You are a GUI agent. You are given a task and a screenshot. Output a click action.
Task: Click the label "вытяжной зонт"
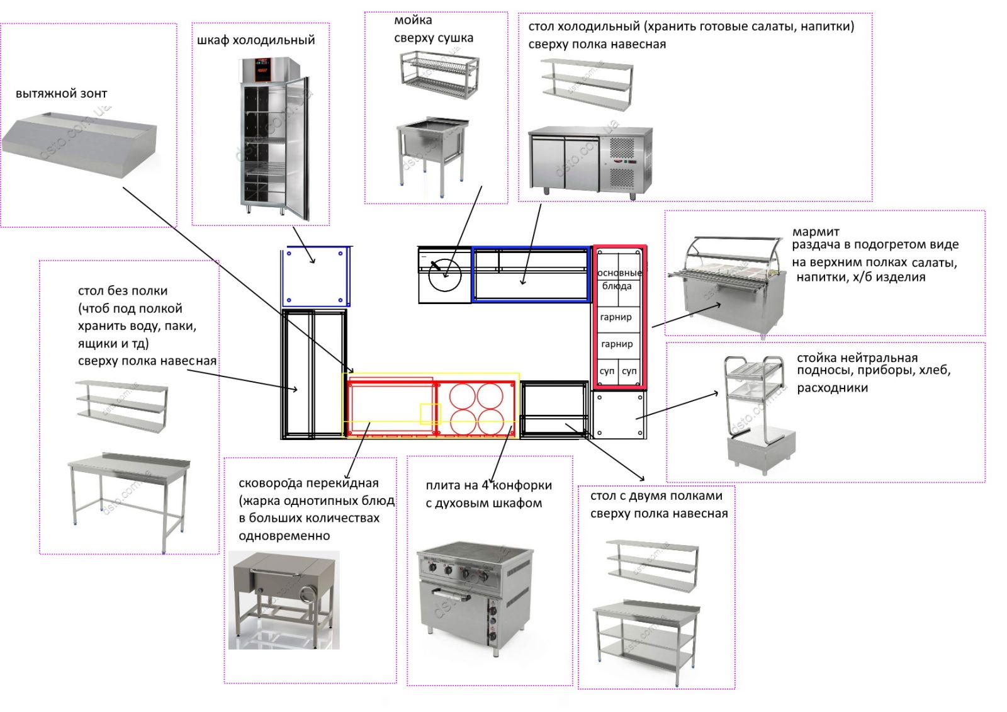tap(61, 94)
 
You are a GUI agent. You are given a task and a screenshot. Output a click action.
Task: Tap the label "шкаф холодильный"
tap(256, 40)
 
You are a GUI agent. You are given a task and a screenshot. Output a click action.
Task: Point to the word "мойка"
tap(413, 20)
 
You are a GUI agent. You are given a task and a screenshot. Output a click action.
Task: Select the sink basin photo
tap(431, 149)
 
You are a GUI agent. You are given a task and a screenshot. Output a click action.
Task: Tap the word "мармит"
tap(815, 232)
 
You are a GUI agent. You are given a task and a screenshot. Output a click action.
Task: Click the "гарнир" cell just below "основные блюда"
tap(616, 317)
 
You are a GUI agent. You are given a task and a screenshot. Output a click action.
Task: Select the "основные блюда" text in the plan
tap(619, 279)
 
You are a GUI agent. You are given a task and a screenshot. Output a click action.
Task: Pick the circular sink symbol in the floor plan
tap(445, 275)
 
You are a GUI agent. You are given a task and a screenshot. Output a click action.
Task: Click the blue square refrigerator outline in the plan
tap(315, 276)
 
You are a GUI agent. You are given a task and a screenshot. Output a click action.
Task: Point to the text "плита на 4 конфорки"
tap(488, 485)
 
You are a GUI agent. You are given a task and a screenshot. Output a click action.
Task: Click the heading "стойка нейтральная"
tap(857, 358)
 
